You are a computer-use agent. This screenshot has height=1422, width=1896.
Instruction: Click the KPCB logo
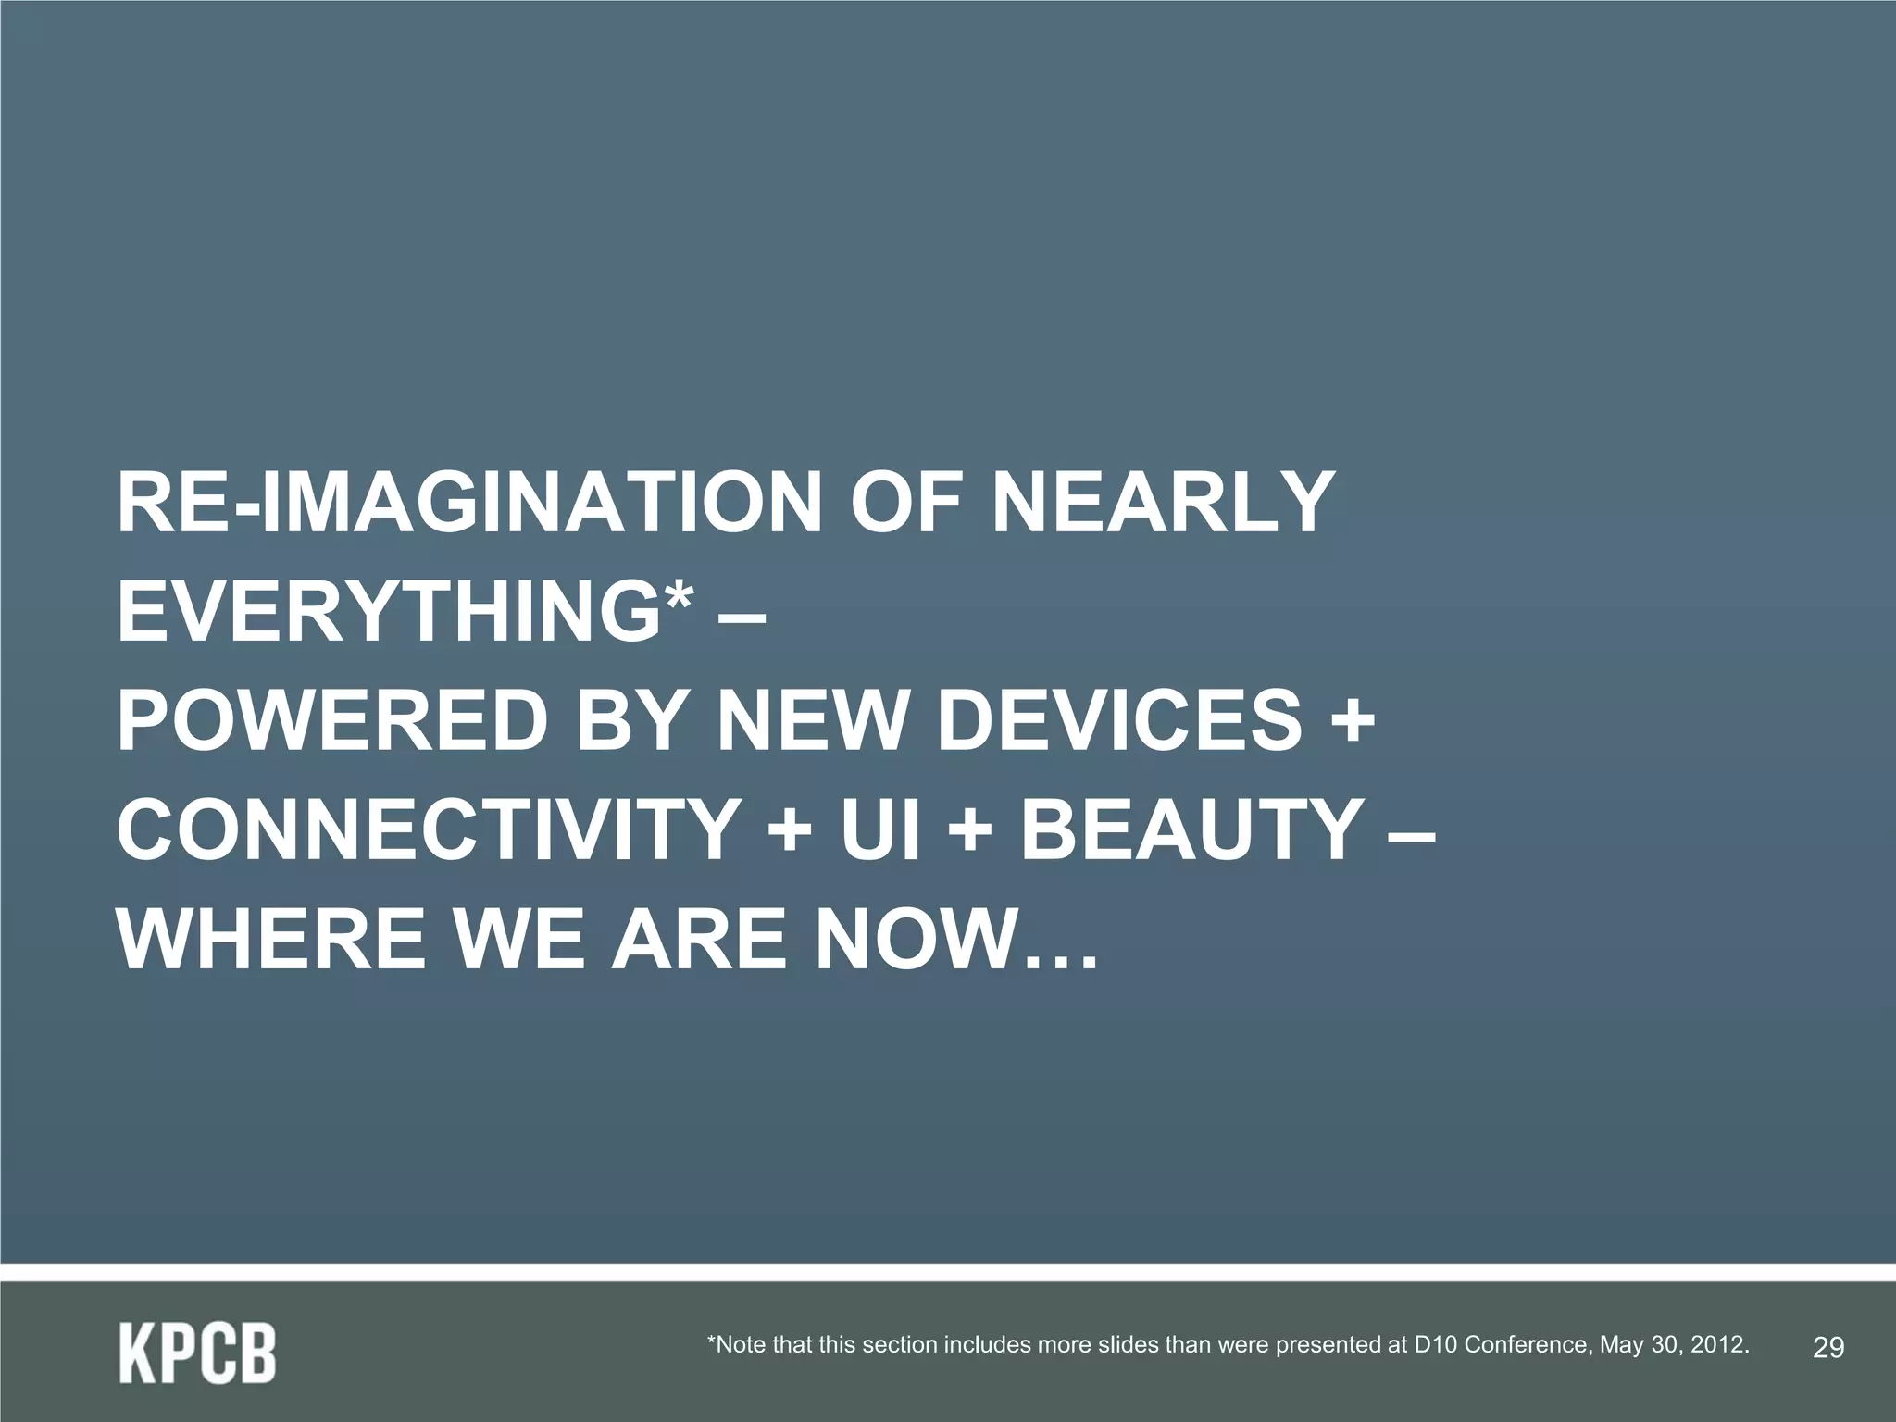pos(197,1353)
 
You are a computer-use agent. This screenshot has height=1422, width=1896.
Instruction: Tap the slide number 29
pos(1827,1347)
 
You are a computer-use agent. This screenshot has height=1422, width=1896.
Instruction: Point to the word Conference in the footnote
pos(1528,1344)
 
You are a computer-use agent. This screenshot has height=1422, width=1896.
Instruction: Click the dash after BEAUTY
pos(1411,831)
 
